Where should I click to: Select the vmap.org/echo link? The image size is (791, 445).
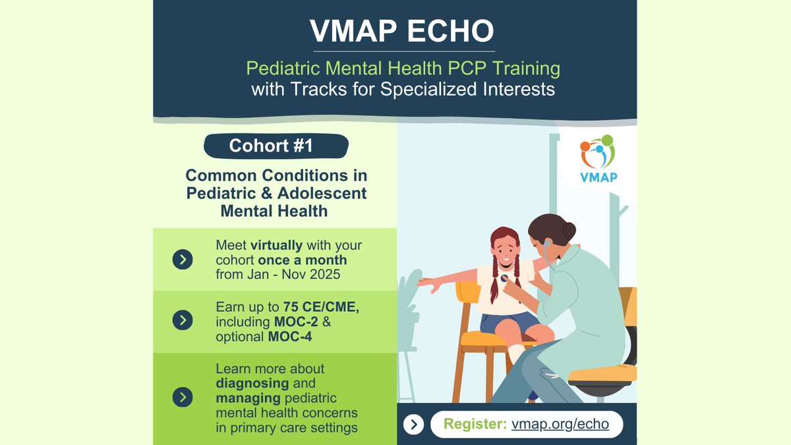[x=560, y=425]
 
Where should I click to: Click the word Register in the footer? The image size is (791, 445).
[x=475, y=425]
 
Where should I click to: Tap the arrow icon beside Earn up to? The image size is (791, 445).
[x=183, y=320]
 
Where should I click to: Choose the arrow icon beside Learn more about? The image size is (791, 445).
[x=183, y=398]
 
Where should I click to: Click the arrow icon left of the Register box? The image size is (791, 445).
[x=413, y=425]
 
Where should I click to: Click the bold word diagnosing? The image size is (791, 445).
[x=252, y=383]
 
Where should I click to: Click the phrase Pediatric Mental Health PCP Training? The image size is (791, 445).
[x=403, y=67]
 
